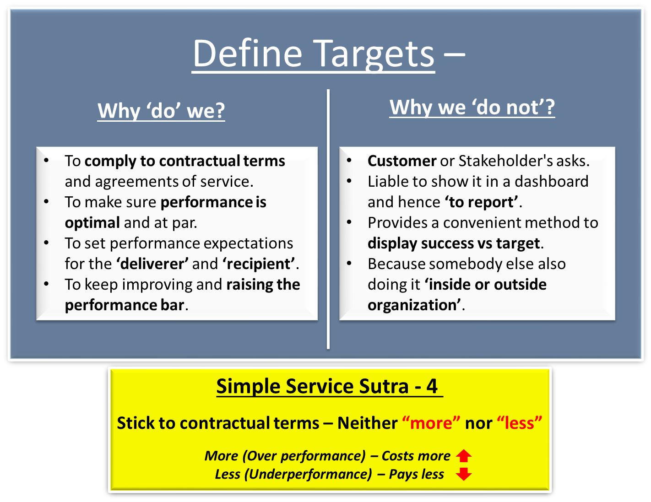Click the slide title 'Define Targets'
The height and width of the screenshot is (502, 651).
tap(313, 54)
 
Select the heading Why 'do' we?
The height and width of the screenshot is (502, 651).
tap(161, 111)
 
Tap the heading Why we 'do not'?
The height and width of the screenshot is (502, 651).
tap(472, 108)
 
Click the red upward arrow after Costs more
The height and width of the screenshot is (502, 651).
tap(464, 456)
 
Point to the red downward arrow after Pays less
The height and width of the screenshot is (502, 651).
tap(464, 474)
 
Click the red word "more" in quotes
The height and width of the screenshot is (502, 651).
tap(431, 423)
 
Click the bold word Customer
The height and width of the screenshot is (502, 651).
tap(401, 161)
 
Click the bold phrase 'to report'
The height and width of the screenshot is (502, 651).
tap(482, 202)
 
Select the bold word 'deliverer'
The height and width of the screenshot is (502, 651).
tap(152, 264)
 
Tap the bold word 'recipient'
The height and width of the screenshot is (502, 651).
tap(259, 264)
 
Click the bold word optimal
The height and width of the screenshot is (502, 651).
tap(92, 223)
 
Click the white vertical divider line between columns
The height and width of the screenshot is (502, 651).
tap(328, 220)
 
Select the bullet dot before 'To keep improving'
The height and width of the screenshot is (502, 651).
tap(46, 284)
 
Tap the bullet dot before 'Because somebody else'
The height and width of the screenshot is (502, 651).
tap(349, 263)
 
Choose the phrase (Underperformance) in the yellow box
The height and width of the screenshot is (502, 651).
tap(308, 474)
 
